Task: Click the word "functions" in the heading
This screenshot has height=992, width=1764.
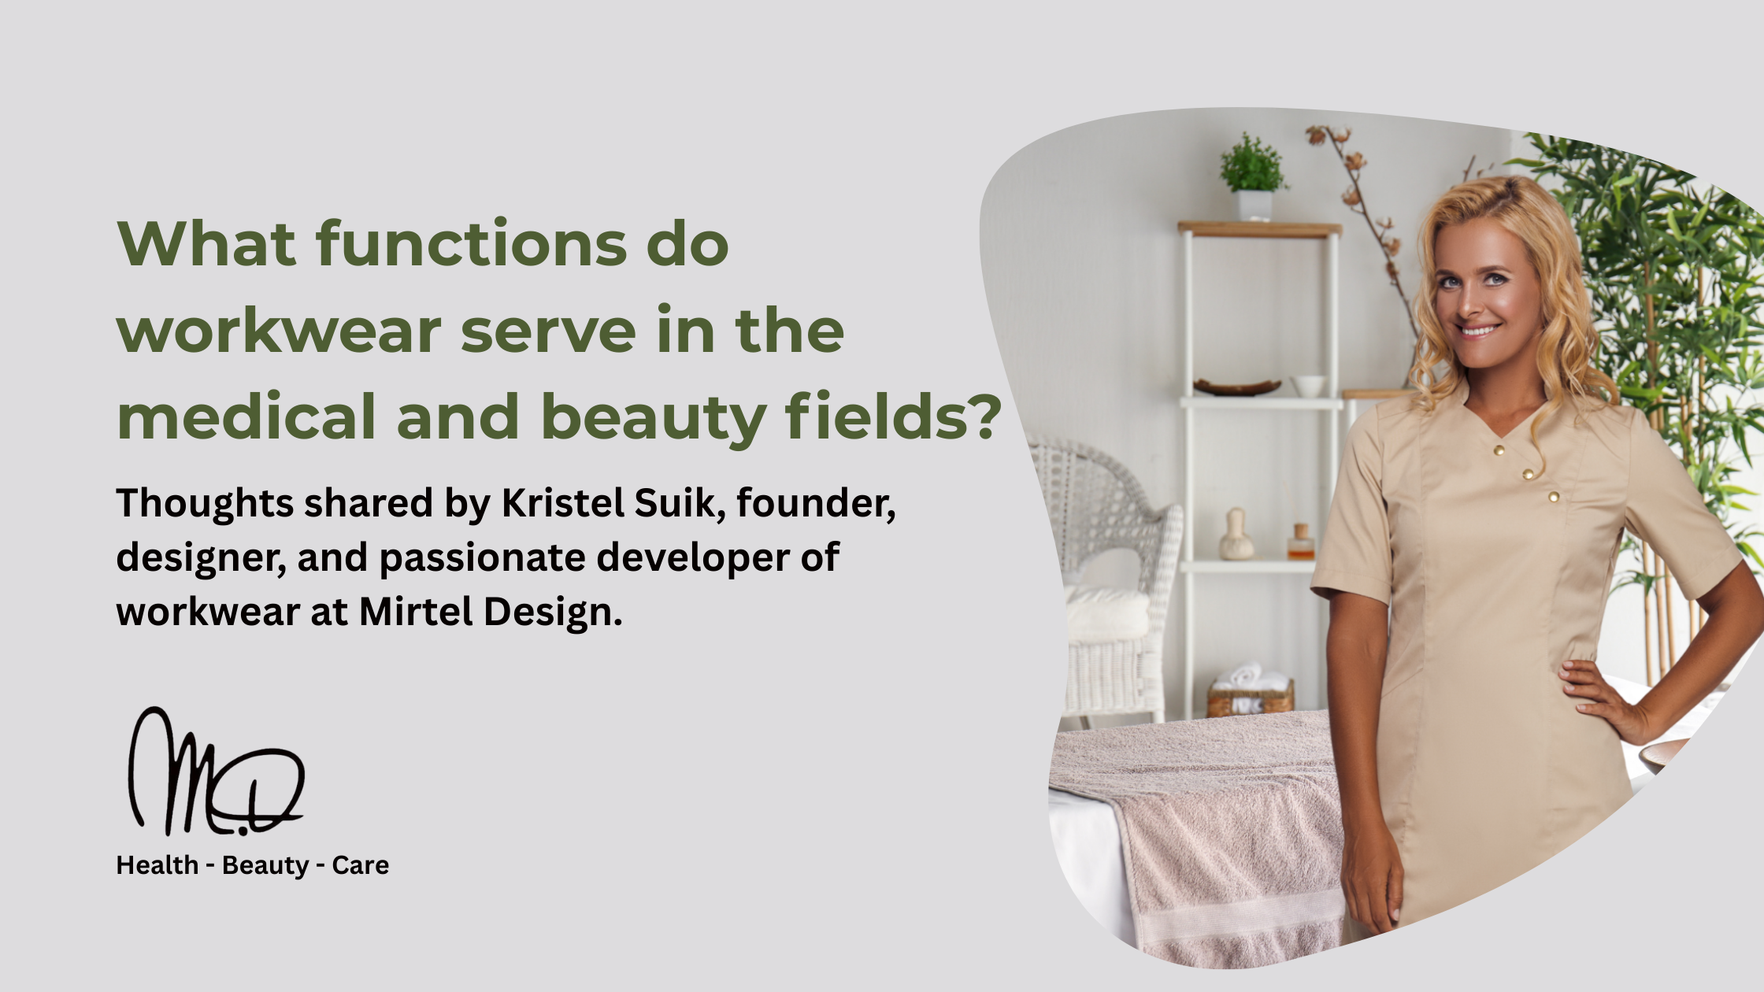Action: [471, 243]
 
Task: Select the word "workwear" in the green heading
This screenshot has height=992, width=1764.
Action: [280, 331]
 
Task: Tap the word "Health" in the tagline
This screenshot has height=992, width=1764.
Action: [157, 864]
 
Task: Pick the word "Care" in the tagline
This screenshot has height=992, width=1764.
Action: [360, 864]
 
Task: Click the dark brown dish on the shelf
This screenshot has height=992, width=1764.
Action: [1236, 387]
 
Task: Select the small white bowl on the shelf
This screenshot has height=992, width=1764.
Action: [1309, 386]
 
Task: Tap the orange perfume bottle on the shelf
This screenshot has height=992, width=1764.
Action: [1300, 543]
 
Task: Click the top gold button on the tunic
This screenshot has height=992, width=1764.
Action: [1499, 450]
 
